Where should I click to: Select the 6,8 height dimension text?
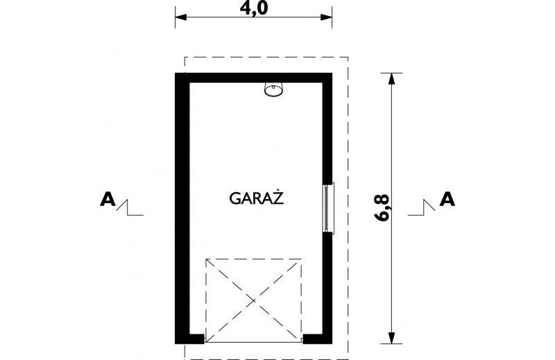point(382,207)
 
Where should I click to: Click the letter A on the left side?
point(108,200)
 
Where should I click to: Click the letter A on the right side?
point(448,200)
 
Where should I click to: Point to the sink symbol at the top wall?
point(273,89)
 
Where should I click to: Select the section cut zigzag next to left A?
point(130,207)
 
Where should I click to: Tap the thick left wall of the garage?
point(180,208)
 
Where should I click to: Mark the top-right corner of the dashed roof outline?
point(348,57)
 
